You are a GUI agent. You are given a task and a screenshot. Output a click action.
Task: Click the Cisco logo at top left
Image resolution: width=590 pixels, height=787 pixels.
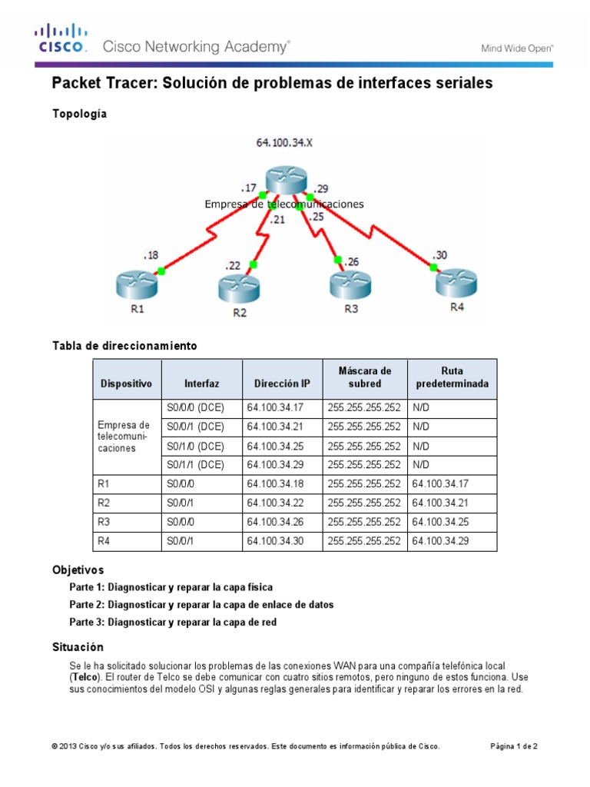point(58,38)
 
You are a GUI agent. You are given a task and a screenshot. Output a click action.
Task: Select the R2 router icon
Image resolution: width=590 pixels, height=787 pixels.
point(238,288)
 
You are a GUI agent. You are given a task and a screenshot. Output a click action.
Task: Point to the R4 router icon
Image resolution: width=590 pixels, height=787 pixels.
point(456,282)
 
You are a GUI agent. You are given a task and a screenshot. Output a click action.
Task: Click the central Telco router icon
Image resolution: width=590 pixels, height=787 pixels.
point(286,181)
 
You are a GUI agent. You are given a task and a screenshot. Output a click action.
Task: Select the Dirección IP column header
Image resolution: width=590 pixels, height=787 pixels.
point(282,383)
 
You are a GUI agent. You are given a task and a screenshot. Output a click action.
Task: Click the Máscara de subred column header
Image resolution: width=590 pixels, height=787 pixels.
point(364,377)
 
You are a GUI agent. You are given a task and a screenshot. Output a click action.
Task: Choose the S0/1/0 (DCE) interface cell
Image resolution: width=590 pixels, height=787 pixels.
point(195,446)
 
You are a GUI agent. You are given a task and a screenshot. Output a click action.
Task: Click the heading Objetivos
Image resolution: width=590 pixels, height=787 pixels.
point(78,569)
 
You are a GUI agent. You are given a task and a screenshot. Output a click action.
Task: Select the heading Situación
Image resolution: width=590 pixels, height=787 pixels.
point(78,647)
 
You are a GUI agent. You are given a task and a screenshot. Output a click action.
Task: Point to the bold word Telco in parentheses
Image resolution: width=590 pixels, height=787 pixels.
point(85,676)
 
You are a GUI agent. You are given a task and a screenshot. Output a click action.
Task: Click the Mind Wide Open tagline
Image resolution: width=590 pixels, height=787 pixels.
point(517,48)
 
